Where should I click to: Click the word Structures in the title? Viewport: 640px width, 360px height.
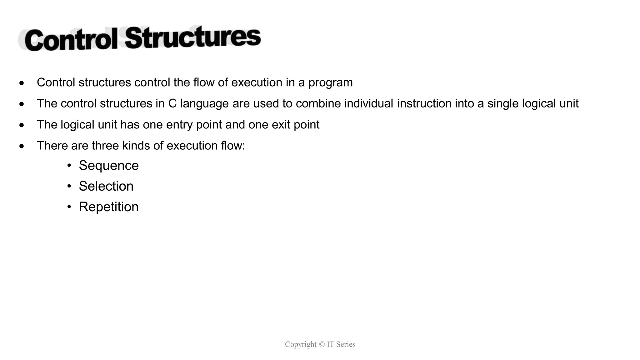pos(193,37)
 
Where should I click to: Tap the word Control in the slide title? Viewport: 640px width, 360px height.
pos(71,40)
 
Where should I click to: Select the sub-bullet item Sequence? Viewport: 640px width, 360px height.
pos(108,166)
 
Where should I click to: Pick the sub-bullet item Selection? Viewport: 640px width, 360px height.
pos(106,186)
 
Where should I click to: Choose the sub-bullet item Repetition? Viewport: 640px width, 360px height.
pos(108,207)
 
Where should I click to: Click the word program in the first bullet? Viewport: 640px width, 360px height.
pos(330,83)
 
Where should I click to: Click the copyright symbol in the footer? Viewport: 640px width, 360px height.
pos(322,344)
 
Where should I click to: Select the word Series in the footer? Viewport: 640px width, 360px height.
pos(345,344)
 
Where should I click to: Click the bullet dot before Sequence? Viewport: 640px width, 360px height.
pos(69,165)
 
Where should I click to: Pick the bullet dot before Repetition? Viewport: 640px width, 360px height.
pos(69,207)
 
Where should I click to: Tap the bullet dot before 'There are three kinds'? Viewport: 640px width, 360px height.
pos(21,146)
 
